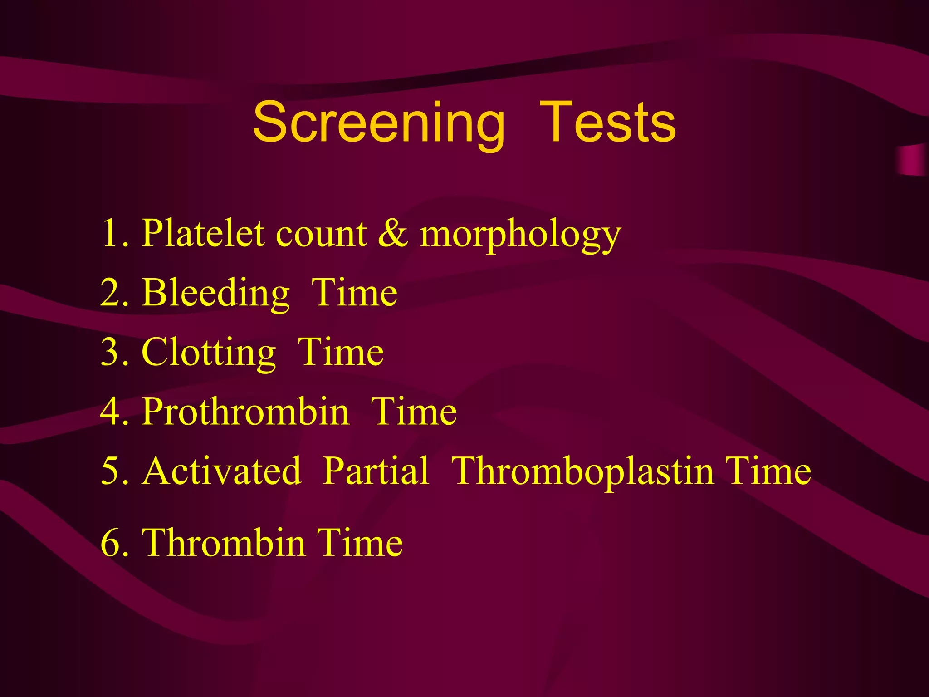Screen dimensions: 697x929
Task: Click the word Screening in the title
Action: tap(379, 123)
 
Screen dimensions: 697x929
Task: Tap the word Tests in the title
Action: tap(607, 123)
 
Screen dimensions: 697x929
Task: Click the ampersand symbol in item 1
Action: tap(393, 234)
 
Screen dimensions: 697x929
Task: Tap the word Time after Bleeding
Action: tap(354, 293)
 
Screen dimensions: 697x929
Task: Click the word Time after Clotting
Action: tap(341, 353)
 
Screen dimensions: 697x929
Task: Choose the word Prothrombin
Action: tap(245, 412)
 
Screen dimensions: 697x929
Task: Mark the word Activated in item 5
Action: tap(221, 471)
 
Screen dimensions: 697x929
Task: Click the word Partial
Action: tap(376, 471)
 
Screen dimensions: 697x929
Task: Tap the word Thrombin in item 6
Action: tap(224, 543)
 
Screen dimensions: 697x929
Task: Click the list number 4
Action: tap(110, 412)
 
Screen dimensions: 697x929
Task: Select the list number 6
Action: tap(110, 543)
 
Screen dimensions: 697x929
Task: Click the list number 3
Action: tap(110, 353)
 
